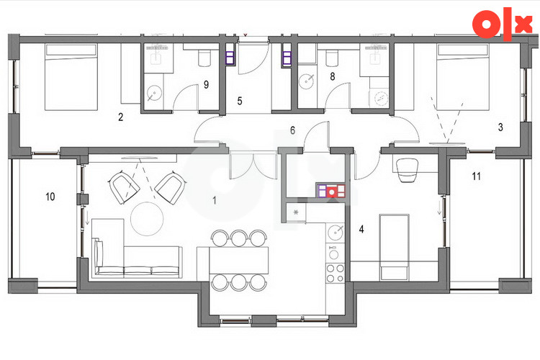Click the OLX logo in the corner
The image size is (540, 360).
[502, 24]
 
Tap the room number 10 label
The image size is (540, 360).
[50, 197]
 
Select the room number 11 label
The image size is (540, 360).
[477, 176]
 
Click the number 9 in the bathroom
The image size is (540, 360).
[207, 84]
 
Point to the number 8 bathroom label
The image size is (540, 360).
[333, 76]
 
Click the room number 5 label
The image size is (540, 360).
[240, 101]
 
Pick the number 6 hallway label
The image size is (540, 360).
[293, 130]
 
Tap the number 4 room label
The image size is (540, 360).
[361, 229]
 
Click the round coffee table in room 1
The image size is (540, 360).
[147, 219]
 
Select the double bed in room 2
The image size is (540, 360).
[71, 77]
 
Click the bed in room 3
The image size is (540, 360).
[462, 77]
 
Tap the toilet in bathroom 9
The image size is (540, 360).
[204, 58]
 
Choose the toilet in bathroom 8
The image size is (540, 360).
[332, 58]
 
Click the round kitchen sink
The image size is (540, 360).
[336, 233]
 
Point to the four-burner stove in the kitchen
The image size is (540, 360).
[336, 273]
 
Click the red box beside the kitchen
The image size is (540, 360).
[332, 192]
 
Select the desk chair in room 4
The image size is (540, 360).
[408, 170]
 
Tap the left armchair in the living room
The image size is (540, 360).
[125, 188]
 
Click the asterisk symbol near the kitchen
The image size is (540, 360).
[296, 212]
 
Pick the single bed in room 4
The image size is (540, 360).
[395, 247]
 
